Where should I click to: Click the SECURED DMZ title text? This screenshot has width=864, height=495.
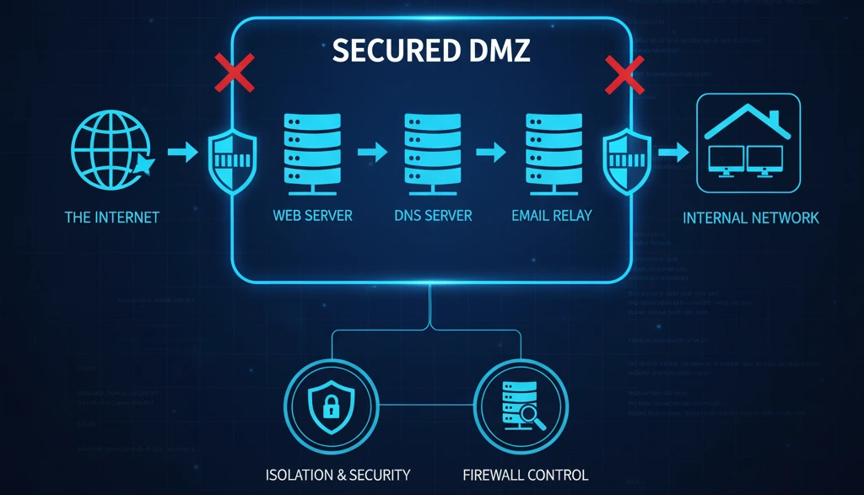pos(432,51)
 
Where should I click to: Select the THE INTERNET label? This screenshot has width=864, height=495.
pos(112,218)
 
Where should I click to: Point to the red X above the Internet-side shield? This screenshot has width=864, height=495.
pos(235,74)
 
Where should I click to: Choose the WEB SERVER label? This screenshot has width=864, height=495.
pos(312,215)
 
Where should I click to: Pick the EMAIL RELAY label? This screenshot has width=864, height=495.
pos(552,215)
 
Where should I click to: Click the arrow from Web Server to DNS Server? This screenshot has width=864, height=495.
pos(371,153)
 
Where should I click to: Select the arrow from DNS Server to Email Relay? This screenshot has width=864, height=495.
pos(491,153)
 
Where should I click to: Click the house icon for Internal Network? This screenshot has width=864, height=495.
pos(748,143)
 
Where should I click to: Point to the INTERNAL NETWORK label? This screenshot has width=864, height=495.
pos(750,218)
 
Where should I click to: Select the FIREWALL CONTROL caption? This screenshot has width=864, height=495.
pos(526,474)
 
